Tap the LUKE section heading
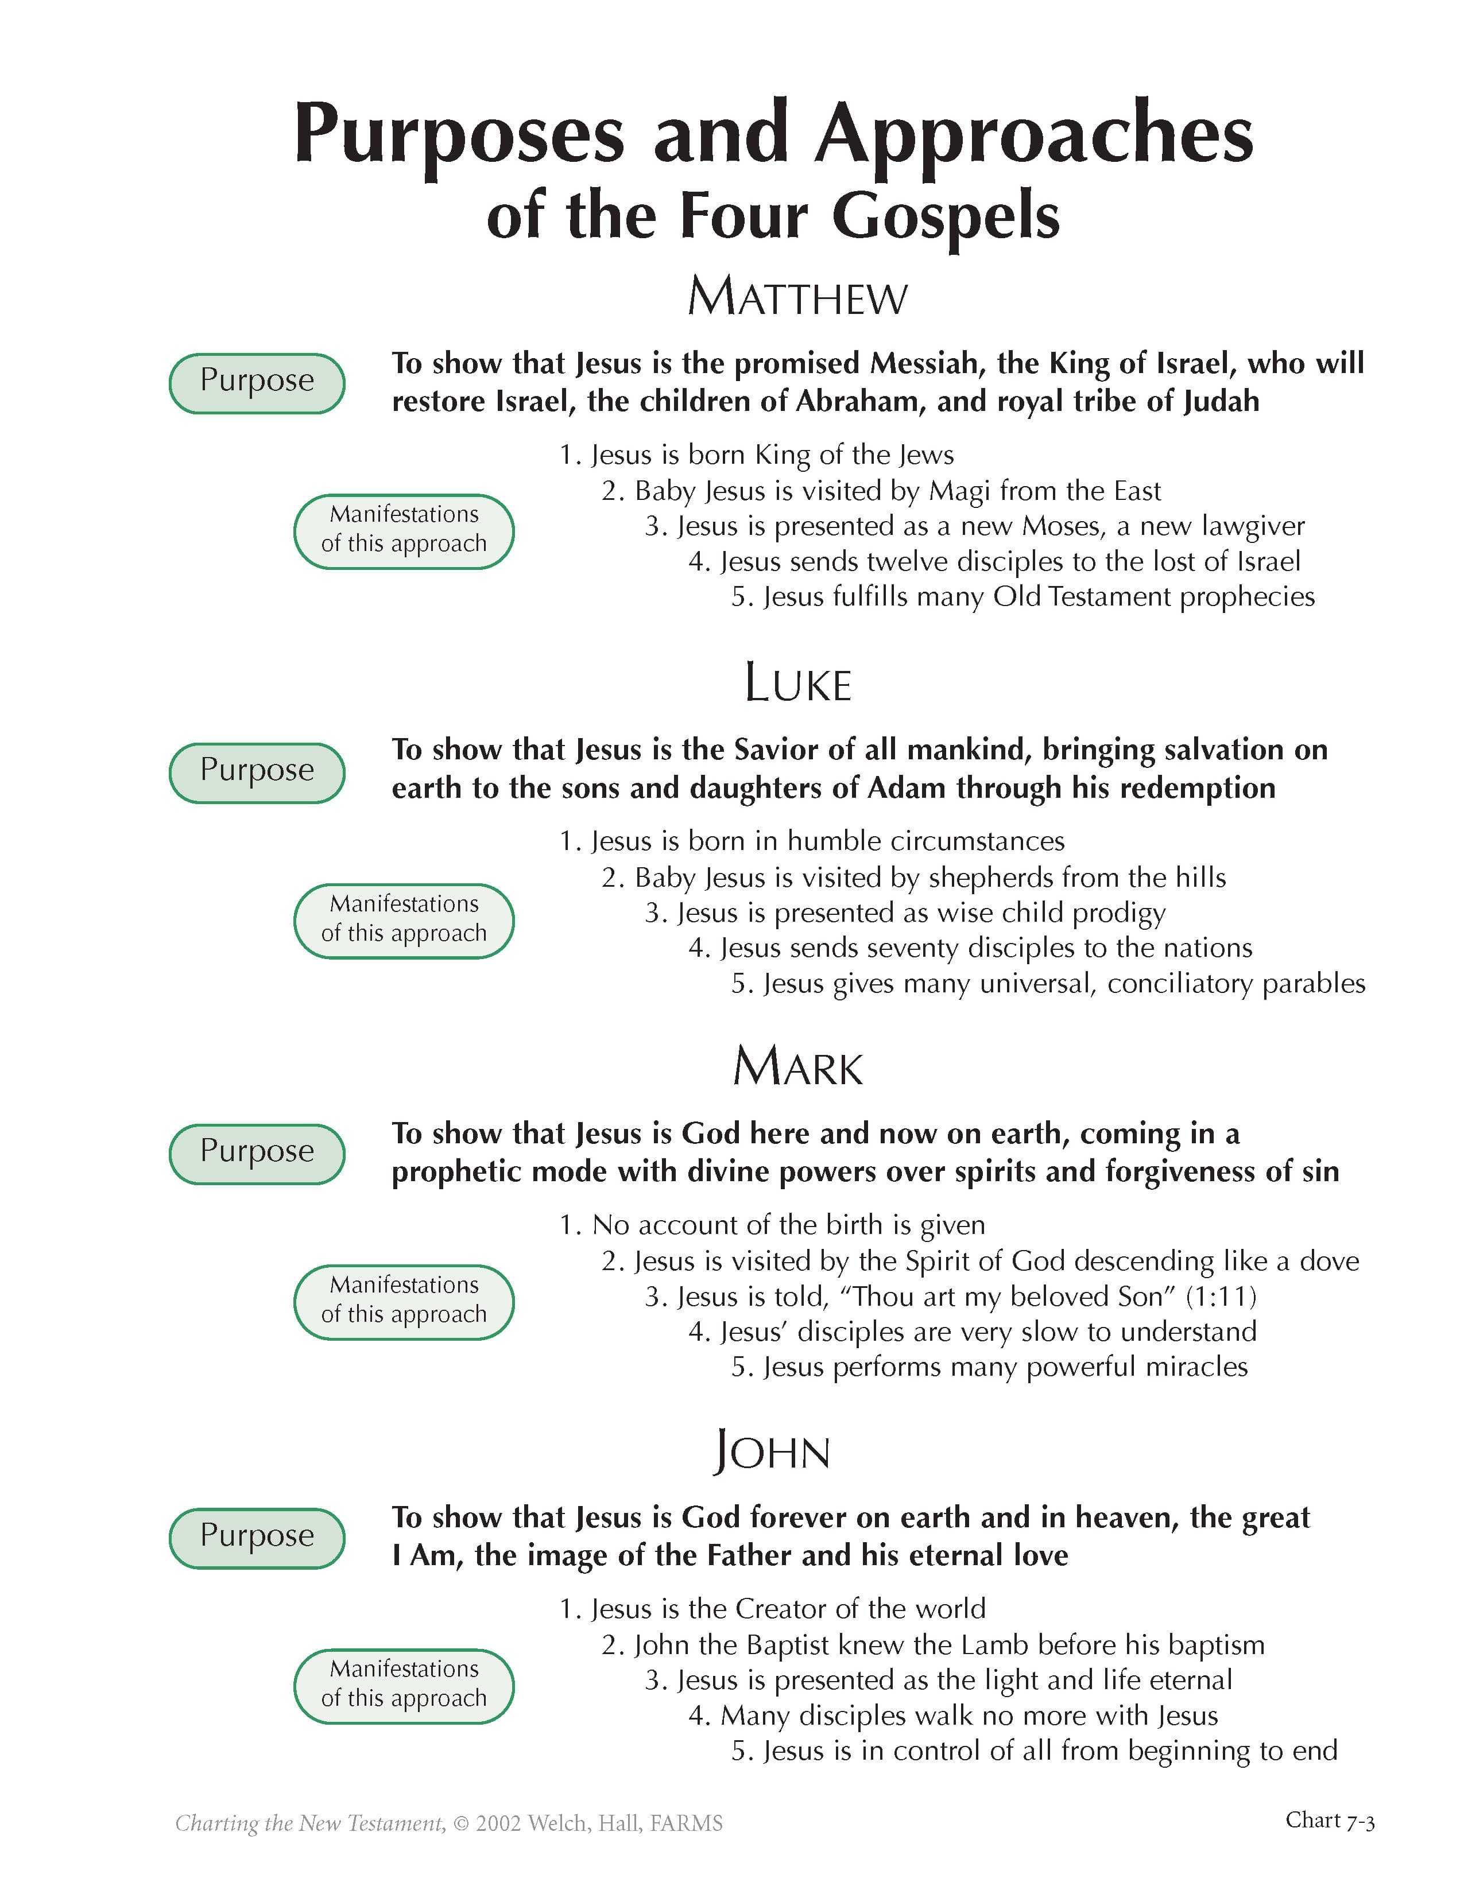coord(798,684)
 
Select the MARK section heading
coord(798,1067)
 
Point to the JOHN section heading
coord(772,1451)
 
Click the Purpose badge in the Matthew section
coord(257,382)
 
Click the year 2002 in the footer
coord(498,1824)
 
